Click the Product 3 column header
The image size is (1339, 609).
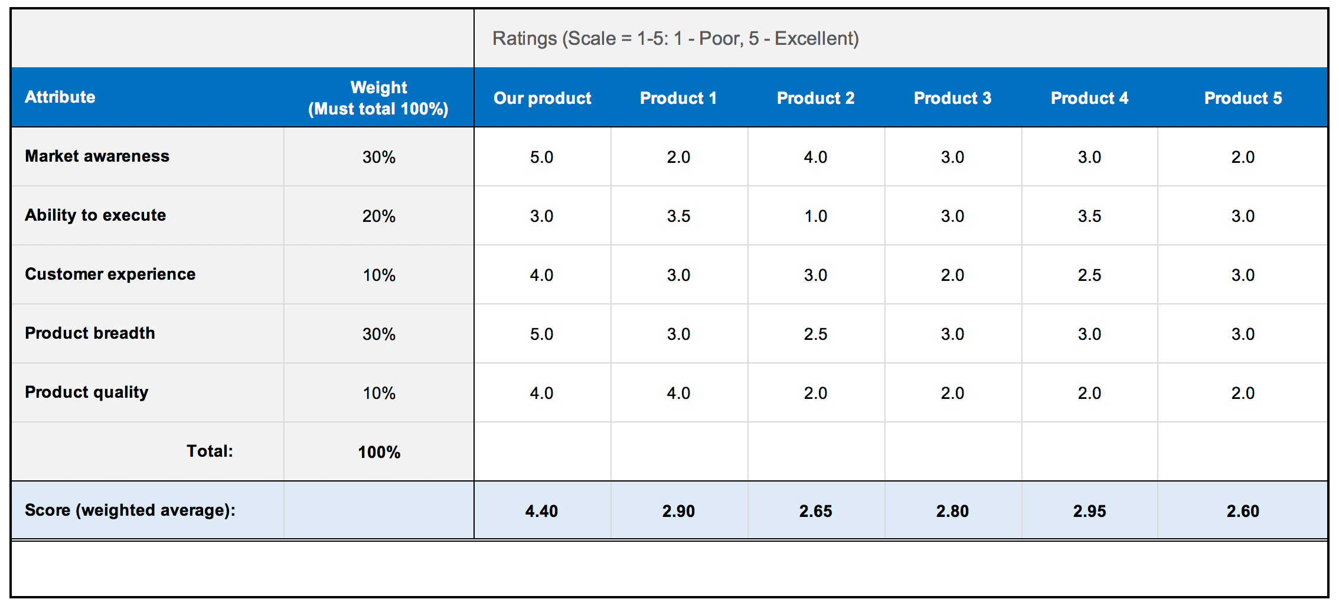click(x=952, y=98)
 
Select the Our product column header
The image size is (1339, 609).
click(x=542, y=98)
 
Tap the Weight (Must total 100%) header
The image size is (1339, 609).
click(x=378, y=98)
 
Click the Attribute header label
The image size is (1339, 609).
click(x=60, y=97)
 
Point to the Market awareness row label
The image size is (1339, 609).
click(x=97, y=156)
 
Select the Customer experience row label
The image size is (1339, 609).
click(x=110, y=274)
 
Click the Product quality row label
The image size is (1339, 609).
click(x=86, y=392)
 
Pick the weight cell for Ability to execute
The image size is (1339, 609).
click(x=378, y=216)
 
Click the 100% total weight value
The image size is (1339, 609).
click(x=378, y=452)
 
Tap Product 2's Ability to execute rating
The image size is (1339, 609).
click(x=815, y=216)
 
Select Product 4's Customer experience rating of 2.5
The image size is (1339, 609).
click(x=1089, y=275)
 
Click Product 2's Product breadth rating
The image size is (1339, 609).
click(x=815, y=334)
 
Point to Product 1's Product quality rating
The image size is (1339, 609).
click(x=678, y=393)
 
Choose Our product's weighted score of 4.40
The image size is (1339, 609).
click(x=541, y=511)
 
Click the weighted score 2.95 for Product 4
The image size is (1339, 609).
click(x=1089, y=511)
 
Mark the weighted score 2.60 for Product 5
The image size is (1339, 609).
click(x=1243, y=511)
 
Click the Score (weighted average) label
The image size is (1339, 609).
click(x=130, y=510)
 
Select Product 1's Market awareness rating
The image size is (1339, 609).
click(x=678, y=157)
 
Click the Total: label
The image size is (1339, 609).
click(x=210, y=451)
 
